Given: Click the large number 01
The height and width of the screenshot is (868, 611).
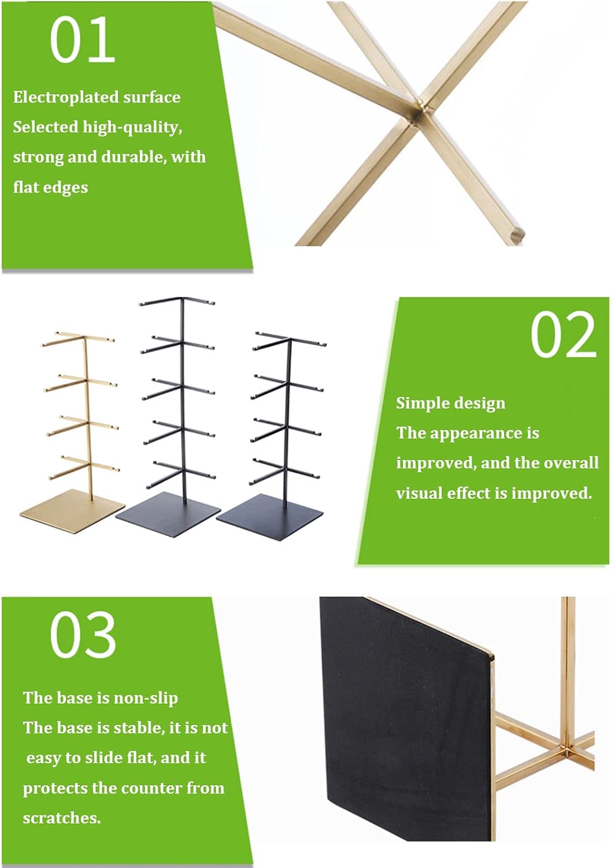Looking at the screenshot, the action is click(83, 41).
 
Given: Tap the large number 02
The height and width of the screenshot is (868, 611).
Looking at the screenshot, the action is click(564, 335).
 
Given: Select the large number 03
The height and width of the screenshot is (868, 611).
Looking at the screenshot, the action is click(83, 635).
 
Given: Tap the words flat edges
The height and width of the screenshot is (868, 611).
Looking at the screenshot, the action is click(51, 187).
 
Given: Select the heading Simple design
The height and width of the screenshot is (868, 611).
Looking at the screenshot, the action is click(451, 403).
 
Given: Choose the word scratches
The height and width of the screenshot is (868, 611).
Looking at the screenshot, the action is click(62, 818).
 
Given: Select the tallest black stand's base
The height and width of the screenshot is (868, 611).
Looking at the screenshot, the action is click(168, 514).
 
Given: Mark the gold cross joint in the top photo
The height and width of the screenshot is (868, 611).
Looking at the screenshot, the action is click(423, 109).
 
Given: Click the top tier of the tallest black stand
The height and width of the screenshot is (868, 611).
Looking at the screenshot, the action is click(177, 301).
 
